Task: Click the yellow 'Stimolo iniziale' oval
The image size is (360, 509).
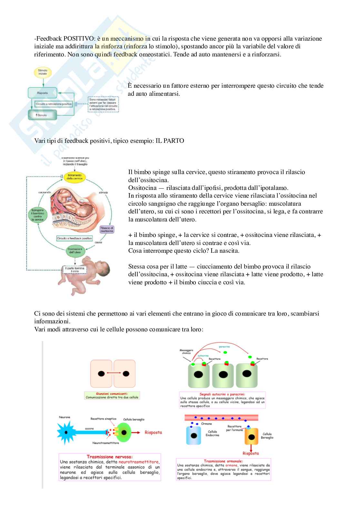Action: pos(43,72)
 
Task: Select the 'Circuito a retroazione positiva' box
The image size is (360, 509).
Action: pos(54,104)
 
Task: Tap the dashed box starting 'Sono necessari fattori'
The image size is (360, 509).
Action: pos(103,104)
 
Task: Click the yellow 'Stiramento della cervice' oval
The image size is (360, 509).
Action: pos(75,177)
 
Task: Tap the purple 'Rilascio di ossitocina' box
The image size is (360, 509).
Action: pos(107,230)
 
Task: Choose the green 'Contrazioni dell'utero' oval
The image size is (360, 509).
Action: pos(75,251)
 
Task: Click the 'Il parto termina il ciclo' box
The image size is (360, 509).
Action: pos(75,269)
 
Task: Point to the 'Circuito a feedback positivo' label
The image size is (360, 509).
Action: pos(75,238)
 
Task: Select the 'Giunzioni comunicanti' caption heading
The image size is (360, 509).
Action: pos(112,394)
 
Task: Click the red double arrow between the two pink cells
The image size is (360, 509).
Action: pos(113,374)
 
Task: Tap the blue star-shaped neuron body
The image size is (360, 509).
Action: pos(66,432)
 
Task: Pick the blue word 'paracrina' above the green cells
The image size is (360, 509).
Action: pos(224,347)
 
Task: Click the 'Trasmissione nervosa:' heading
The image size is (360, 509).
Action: pos(110,456)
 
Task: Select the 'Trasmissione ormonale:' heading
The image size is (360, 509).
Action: pos(223,461)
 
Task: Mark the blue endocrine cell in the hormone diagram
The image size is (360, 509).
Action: pos(194,435)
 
